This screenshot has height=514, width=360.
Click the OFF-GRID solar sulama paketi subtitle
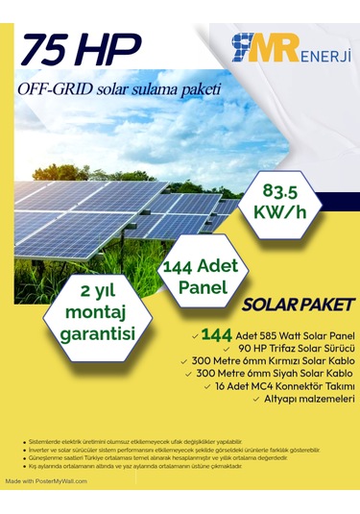pyautogui.click(x=119, y=89)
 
